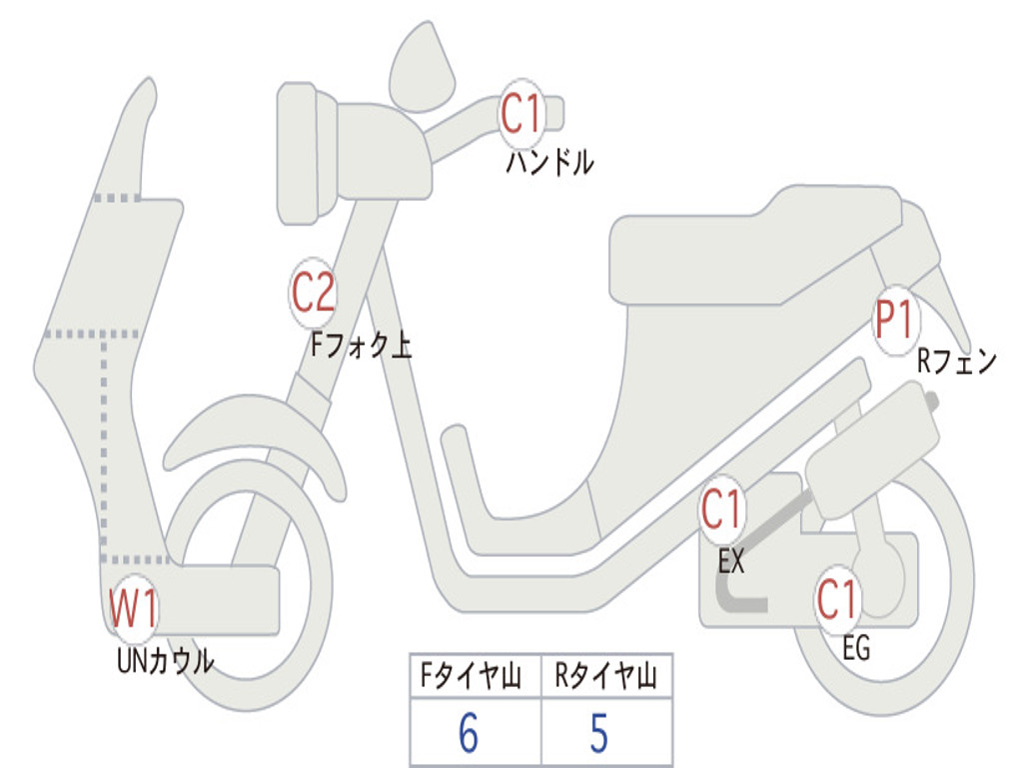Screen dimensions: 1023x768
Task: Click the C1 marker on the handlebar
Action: (x=520, y=114)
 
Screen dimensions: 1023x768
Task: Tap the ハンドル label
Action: (x=549, y=162)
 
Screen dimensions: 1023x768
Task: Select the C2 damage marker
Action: (x=313, y=293)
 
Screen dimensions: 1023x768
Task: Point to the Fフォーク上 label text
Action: (x=361, y=346)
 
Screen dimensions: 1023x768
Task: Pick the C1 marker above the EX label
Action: (x=721, y=511)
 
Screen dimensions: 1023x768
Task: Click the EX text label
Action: (x=731, y=562)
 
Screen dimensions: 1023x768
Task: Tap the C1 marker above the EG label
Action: (x=837, y=599)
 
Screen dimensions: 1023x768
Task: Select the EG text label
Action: (x=856, y=649)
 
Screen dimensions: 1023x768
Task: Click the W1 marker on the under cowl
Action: (x=133, y=609)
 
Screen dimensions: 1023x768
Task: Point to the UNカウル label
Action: (x=165, y=660)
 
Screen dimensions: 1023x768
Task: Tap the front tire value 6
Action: (x=469, y=734)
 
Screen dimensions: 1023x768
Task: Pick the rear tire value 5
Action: (x=598, y=734)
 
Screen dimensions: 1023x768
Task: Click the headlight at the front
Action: (x=300, y=153)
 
